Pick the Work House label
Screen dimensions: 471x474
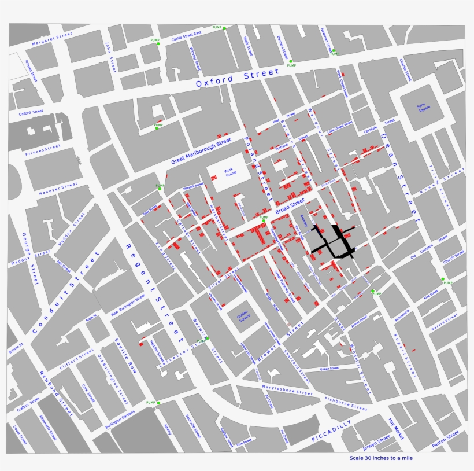click(x=231, y=172)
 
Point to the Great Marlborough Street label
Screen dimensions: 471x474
click(x=201, y=152)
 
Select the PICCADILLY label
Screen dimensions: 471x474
click(x=332, y=431)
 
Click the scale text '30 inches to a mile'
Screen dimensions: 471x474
click(x=381, y=458)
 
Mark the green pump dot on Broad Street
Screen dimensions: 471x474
click(x=263, y=220)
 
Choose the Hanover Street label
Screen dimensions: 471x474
click(x=58, y=189)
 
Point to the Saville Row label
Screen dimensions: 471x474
click(x=125, y=355)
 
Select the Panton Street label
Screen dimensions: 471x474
click(x=446, y=439)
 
